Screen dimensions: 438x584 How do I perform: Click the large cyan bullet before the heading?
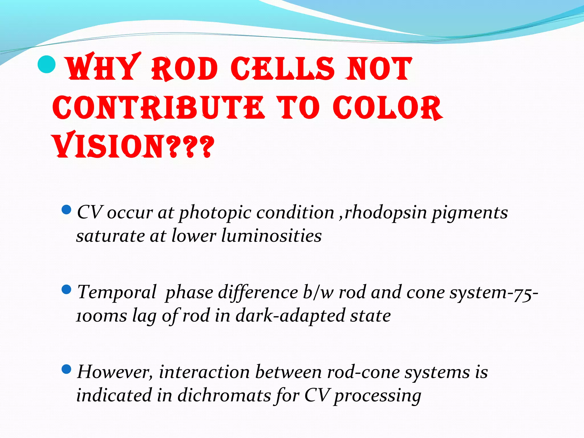click(46, 64)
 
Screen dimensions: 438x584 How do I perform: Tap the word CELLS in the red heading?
click(282, 68)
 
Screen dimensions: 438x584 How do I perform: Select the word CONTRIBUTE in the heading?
click(158, 108)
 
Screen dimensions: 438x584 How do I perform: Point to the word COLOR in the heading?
click(388, 108)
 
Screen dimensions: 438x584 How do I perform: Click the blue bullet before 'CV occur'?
click(66, 210)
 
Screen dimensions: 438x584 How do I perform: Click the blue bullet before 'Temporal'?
click(66, 290)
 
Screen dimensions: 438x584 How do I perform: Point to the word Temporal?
click(117, 292)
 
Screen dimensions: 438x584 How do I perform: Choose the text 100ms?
click(102, 316)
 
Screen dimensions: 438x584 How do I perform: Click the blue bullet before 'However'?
click(66, 370)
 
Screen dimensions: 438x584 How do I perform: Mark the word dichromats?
click(224, 396)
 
